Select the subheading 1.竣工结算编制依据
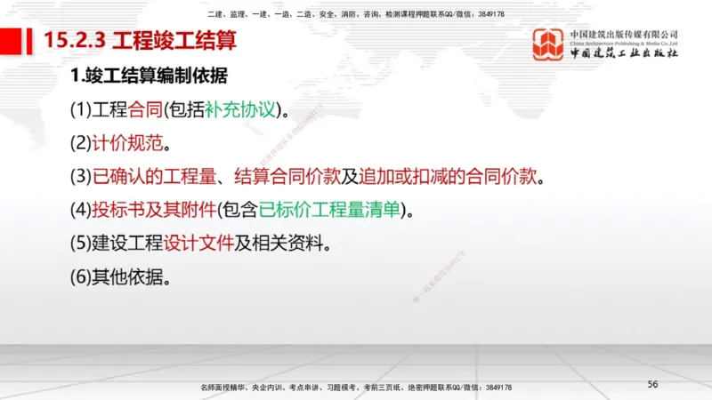pos(150,76)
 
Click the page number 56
pos(652,384)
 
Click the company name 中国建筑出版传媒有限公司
pos(624,34)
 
